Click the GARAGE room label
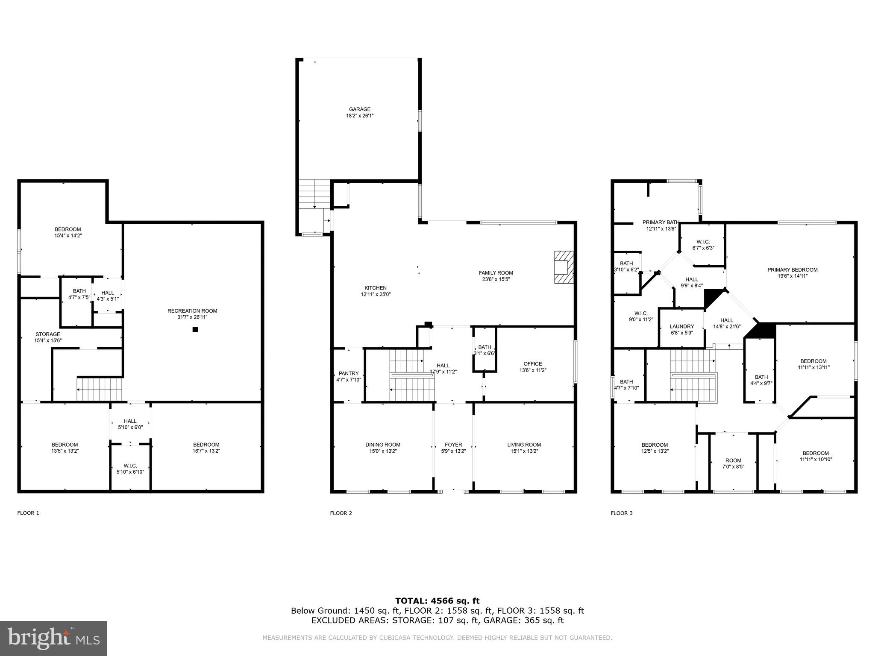pyautogui.click(x=359, y=109)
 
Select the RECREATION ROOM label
pyautogui.click(x=192, y=311)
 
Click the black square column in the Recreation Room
pyautogui.click(x=195, y=329)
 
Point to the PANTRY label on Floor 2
pyautogui.click(x=349, y=374)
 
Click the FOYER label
pyautogui.click(x=453, y=445)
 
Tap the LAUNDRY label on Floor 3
pyautogui.click(x=681, y=326)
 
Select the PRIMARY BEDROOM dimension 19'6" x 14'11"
pyautogui.click(x=792, y=276)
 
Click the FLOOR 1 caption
pyautogui.click(x=28, y=513)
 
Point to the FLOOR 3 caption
pyautogui.click(x=622, y=513)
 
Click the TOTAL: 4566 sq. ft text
pyautogui.click(x=437, y=601)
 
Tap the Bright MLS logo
pyautogui.click(x=53, y=638)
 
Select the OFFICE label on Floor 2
pyautogui.click(x=532, y=364)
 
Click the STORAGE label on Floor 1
pyautogui.click(x=48, y=334)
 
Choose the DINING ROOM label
pyautogui.click(x=383, y=445)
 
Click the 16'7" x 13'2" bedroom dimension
pyautogui.click(x=206, y=451)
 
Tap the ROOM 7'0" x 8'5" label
pyautogui.click(x=733, y=460)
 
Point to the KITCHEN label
pyautogui.click(x=375, y=288)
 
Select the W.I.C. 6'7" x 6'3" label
pyautogui.click(x=703, y=242)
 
